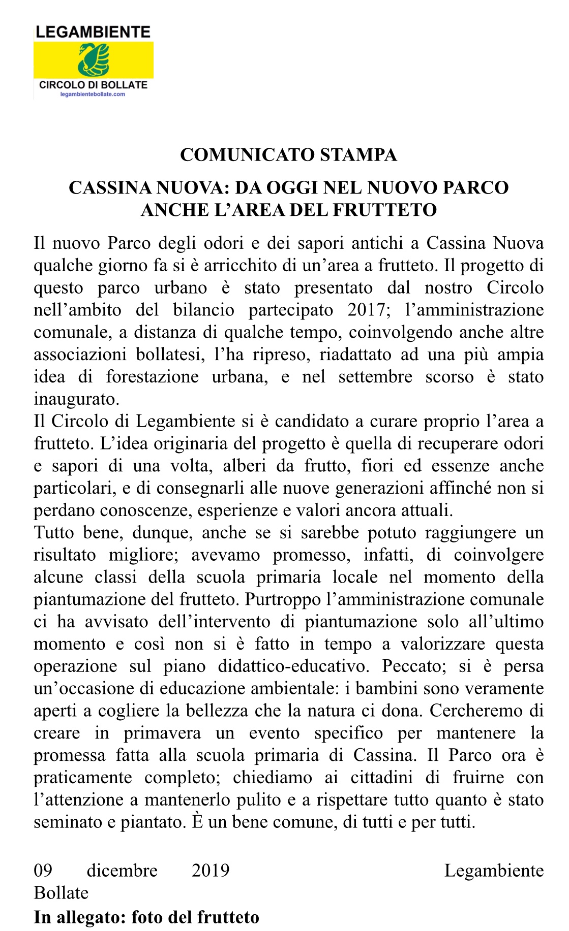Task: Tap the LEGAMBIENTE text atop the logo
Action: (94, 33)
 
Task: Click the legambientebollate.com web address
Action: (93, 94)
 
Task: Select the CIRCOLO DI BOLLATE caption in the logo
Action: (94, 85)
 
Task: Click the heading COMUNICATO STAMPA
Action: (288, 155)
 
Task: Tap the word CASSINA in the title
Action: (109, 188)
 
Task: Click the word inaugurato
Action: (76, 399)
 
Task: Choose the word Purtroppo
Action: (282, 599)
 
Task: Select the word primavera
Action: (162, 733)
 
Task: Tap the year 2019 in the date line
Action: (210, 871)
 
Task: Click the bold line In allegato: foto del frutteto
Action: (146, 917)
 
